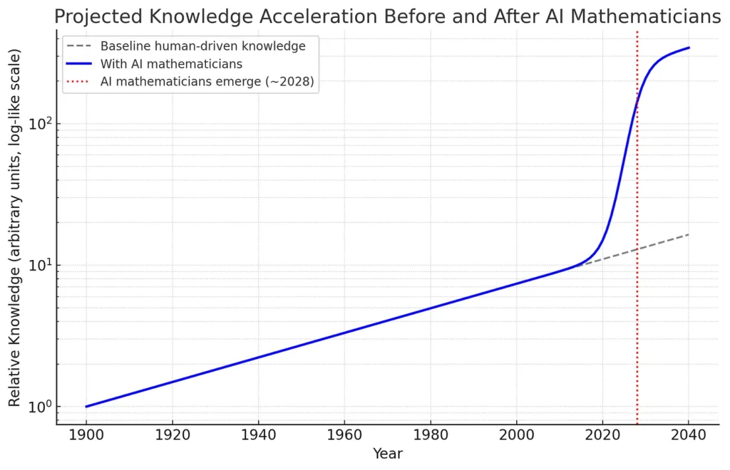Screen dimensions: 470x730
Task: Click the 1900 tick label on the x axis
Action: click(x=86, y=435)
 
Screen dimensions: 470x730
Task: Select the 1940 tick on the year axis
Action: click(x=259, y=435)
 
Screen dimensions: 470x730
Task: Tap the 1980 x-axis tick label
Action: click(x=431, y=435)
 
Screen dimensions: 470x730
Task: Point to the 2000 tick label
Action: click(x=517, y=435)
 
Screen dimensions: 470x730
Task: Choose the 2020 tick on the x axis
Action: click(x=603, y=435)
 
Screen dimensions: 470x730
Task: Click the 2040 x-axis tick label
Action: click(x=689, y=435)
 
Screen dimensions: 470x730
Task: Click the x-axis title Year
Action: click(x=387, y=454)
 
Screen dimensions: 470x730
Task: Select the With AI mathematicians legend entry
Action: click(x=171, y=64)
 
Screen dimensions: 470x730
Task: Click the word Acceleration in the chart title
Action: click(x=280, y=16)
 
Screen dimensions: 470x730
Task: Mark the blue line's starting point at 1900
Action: click(x=86, y=407)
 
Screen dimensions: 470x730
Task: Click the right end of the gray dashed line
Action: click(x=689, y=234)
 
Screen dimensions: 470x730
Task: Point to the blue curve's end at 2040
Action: click(x=689, y=48)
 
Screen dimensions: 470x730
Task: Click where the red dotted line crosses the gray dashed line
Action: click(x=637, y=249)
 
